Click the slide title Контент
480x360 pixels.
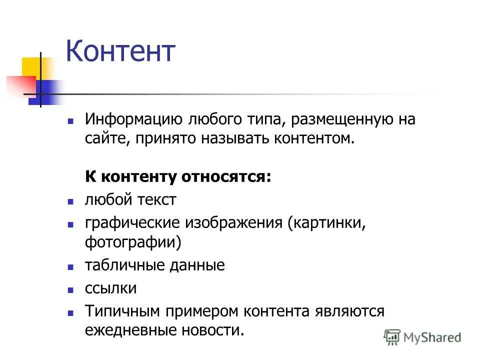pyautogui.click(x=120, y=51)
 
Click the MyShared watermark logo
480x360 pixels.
pyautogui.click(x=422, y=337)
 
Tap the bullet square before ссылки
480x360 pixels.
pyautogui.click(x=70, y=290)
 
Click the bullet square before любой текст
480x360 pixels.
pyautogui.click(x=70, y=201)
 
